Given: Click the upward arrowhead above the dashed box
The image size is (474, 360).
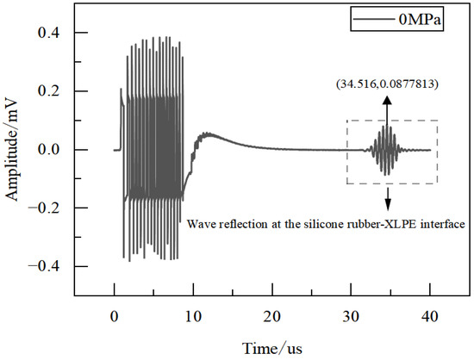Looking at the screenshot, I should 387,99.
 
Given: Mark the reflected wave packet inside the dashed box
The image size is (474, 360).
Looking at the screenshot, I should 387,150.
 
